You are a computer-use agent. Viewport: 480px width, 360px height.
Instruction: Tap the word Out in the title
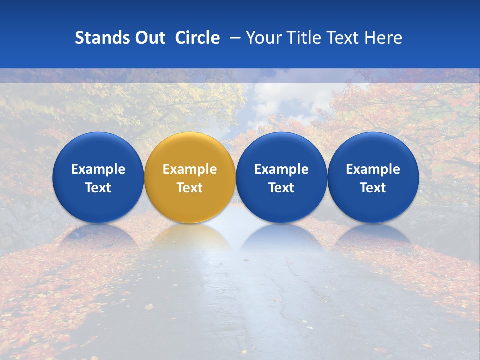coord(149,38)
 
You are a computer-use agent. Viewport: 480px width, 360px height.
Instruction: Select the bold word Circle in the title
coord(197,38)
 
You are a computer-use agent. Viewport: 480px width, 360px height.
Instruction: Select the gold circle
coord(190,177)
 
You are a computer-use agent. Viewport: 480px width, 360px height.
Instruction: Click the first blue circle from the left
coord(98,177)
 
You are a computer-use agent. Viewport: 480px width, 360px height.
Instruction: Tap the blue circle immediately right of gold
coord(281,177)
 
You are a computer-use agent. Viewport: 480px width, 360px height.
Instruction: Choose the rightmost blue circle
coord(373,177)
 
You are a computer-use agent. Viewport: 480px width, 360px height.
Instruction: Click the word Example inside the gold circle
coord(190,169)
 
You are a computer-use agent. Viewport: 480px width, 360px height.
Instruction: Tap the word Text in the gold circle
coord(190,188)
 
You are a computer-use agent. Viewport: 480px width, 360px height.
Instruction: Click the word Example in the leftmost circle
coord(98,169)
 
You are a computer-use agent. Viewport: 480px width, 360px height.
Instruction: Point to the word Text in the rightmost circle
coord(373,188)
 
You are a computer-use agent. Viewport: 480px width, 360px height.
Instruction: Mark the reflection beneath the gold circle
coord(190,238)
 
